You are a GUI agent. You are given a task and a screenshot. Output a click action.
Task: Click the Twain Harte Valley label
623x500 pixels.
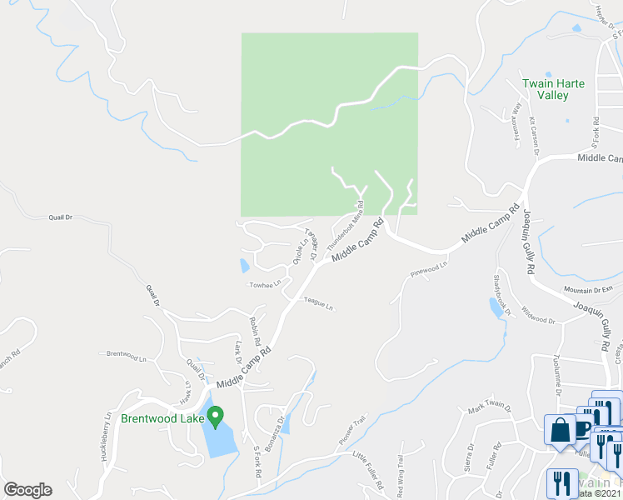(x=546, y=89)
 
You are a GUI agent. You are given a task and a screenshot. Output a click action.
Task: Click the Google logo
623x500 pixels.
(x=27, y=490)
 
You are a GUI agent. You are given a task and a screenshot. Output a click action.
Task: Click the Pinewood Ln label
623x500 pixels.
(x=429, y=268)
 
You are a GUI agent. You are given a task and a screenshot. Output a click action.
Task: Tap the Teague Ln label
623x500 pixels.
(x=318, y=305)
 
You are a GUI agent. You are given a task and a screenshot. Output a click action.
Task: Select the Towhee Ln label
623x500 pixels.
(x=266, y=285)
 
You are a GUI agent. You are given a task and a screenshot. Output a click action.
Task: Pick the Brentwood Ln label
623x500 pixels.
(x=126, y=353)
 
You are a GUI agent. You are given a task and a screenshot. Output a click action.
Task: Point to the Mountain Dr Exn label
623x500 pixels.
(x=588, y=289)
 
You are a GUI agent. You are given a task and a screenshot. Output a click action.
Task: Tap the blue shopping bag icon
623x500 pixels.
(x=557, y=429)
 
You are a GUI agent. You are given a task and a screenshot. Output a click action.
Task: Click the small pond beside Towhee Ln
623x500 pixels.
(x=244, y=266)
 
